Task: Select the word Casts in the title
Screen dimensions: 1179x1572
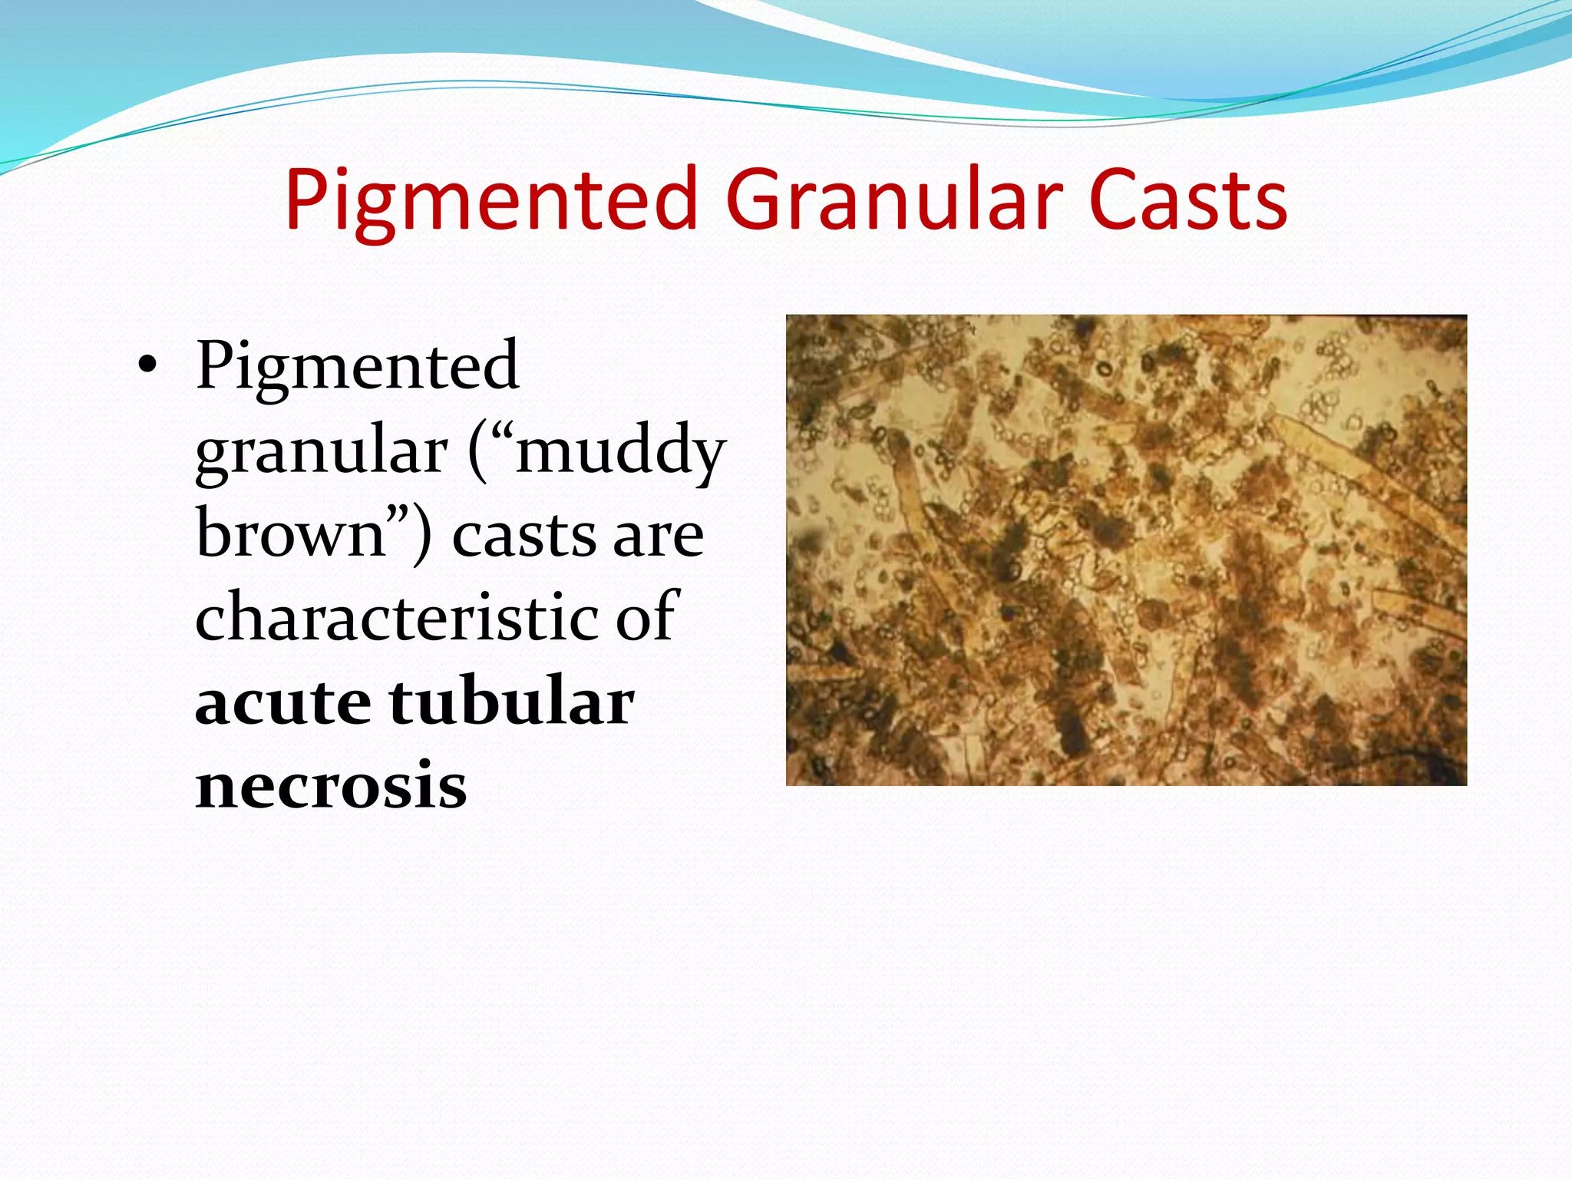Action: pyautogui.click(x=1187, y=201)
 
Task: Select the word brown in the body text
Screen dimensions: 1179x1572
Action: pyautogui.click(x=290, y=535)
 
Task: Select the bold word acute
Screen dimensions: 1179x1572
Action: pyautogui.click(x=282, y=702)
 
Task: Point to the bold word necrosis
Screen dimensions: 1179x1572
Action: pyautogui.click(x=331, y=787)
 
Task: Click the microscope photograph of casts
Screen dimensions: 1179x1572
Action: pyautogui.click(x=1126, y=550)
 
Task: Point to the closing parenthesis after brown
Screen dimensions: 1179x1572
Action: pyautogui.click(x=421, y=535)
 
